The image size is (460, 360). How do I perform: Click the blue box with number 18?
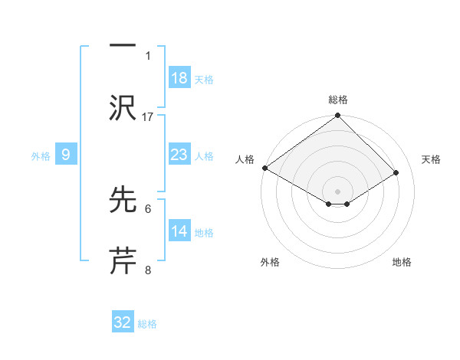pyautogui.click(x=179, y=77)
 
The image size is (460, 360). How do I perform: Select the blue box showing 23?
pyautogui.click(x=179, y=155)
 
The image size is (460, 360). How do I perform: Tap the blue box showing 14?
pyautogui.click(x=179, y=231)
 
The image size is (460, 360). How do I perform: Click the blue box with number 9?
pyautogui.click(x=66, y=155)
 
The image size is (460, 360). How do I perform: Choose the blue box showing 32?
pyautogui.click(x=123, y=322)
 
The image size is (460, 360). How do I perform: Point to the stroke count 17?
pyautogui.click(x=148, y=116)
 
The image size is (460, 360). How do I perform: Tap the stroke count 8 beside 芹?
pyautogui.click(x=148, y=270)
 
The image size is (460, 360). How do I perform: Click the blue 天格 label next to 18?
pyautogui.click(x=204, y=79)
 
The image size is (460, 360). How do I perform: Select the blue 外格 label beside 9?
pyautogui.click(x=41, y=155)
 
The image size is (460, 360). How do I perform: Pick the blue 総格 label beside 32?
pyautogui.click(x=148, y=324)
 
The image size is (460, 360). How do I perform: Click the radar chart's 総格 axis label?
pyautogui.click(x=338, y=100)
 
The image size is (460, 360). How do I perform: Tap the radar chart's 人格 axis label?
pyautogui.click(x=245, y=159)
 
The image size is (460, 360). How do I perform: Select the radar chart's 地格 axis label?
pyautogui.click(x=402, y=263)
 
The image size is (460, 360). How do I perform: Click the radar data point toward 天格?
pyautogui.click(x=396, y=173)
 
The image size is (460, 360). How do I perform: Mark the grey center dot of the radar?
pyautogui.click(x=338, y=191)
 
